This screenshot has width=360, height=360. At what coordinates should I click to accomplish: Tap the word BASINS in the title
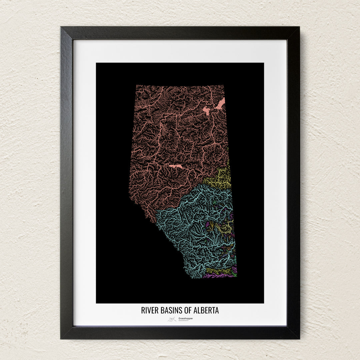tap(169, 310)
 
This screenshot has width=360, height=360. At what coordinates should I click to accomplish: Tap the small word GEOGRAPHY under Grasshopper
tap(183, 321)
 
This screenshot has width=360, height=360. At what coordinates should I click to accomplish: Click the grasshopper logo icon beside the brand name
tap(172, 319)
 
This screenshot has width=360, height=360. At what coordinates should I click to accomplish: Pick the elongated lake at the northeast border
tap(220, 104)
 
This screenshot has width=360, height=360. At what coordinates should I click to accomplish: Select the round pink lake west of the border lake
tap(206, 110)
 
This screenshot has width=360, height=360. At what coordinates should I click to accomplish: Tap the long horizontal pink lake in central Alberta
tap(176, 166)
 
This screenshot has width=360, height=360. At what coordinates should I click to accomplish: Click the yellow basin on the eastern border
tap(220, 179)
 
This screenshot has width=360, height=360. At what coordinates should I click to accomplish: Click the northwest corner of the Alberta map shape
tap(136, 86)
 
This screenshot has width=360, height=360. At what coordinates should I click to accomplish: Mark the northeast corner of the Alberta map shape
tap(224, 86)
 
